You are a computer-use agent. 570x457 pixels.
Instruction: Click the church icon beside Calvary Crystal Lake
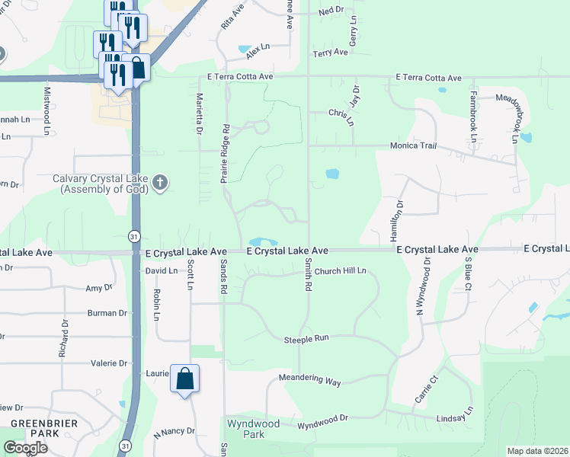click(159, 182)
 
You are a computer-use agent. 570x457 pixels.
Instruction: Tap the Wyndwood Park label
click(253, 429)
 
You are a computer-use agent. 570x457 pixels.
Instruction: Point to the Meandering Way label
click(309, 380)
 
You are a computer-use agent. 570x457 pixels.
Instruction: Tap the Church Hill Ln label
click(341, 270)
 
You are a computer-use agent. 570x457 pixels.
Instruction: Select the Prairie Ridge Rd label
click(225, 153)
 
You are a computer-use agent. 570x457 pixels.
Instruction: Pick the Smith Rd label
click(309, 275)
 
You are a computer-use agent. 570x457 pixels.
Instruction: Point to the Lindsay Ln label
click(455, 418)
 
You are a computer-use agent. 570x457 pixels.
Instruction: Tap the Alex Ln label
click(258, 47)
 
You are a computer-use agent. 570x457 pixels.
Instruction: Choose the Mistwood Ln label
click(46, 110)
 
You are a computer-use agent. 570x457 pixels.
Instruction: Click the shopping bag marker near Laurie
click(185, 379)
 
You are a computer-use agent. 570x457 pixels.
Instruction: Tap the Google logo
click(25, 447)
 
